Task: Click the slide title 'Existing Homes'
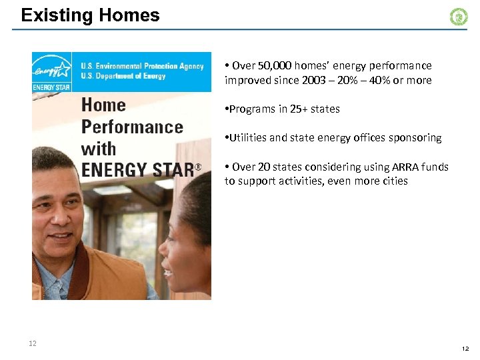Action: pyautogui.click(x=90, y=15)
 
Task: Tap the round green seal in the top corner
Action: pyautogui.click(x=459, y=17)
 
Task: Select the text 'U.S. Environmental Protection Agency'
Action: pyautogui.click(x=143, y=66)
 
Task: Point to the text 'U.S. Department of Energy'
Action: pyautogui.click(x=123, y=76)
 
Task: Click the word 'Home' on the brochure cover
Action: pyautogui.click(x=103, y=105)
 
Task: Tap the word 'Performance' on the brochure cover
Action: pyautogui.click(x=131, y=127)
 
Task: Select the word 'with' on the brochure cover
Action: pyautogui.click(x=98, y=149)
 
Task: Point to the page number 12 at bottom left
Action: pyautogui.click(x=32, y=343)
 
